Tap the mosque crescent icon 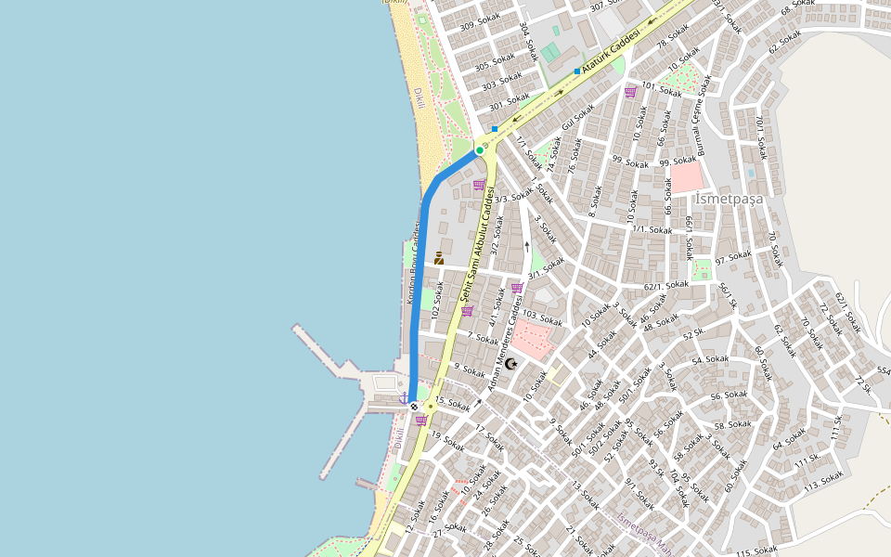point(510,364)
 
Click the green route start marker point(480,149)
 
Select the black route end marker point(414,406)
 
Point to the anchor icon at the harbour point(404,398)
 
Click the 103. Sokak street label point(543,317)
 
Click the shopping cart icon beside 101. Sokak point(630,92)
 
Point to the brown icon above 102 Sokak point(439,258)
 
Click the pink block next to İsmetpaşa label point(689,178)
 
